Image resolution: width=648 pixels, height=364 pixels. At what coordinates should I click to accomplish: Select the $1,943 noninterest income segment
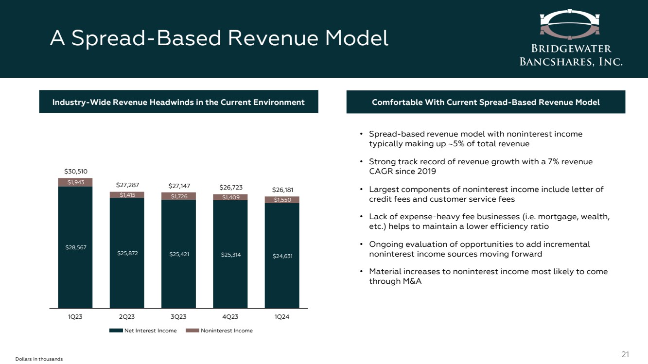pyautogui.click(x=75, y=182)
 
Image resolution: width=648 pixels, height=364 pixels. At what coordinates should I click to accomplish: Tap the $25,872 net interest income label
pyautogui.click(x=127, y=253)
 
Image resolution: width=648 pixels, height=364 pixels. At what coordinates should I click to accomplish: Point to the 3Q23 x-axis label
pyautogui.click(x=178, y=317)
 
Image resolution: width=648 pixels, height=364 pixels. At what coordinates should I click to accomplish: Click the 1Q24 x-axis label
pyautogui.click(x=282, y=317)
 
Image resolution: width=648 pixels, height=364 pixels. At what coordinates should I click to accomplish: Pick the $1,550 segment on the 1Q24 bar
pyautogui.click(x=282, y=200)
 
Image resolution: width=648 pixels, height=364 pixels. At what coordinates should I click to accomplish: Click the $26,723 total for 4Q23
pyautogui.click(x=230, y=187)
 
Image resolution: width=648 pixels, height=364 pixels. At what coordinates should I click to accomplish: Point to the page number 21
pyautogui.click(x=626, y=354)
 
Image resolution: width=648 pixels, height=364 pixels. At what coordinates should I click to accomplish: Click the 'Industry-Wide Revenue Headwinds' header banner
pyautogui.click(x=178, y=102)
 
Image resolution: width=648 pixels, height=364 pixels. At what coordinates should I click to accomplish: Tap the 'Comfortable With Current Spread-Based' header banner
pyautogui.click(x=486, y=102)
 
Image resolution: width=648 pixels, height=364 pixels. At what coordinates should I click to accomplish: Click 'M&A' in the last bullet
pyautogui.click(x=412, y=281)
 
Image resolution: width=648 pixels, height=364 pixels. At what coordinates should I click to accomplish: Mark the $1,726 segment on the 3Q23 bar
pyautogui.click(x=178, y=196)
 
